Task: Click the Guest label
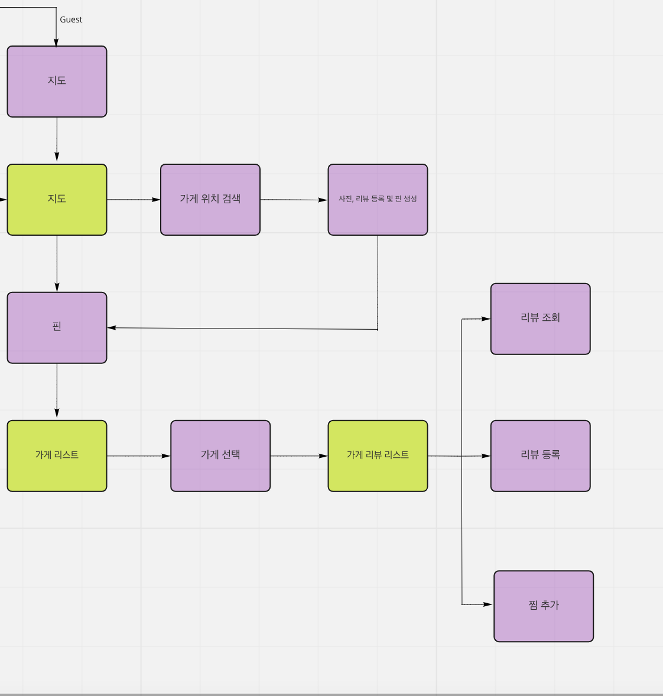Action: [71, 19]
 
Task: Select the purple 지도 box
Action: [57, 82]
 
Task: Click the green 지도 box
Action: [57, 200]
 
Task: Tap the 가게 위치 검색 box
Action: [210, 200]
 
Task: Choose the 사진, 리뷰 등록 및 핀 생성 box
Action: [378, 200]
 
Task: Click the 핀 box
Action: [57, 327]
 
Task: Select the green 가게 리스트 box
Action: [57, 456]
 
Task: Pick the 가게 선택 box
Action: [220, 456]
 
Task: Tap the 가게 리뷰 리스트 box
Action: [378, 456]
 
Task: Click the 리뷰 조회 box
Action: [540, 318]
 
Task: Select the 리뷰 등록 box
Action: [540, 456]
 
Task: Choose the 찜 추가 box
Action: [544, 606]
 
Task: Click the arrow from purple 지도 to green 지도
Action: [57, 139]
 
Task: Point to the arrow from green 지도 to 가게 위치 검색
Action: [134, 200]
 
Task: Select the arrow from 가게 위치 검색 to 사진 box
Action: [294, 200]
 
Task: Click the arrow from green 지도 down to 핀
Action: [57, 263]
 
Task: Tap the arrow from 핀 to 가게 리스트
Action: [57, 391]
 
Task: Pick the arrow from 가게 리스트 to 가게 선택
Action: [138, 456]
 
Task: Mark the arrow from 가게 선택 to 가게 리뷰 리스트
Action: [298, 456]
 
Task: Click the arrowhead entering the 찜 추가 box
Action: [487, 604]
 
